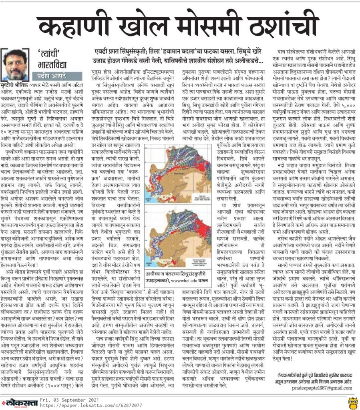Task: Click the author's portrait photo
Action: pos(15,64)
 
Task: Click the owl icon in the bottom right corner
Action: pos(352,401)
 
